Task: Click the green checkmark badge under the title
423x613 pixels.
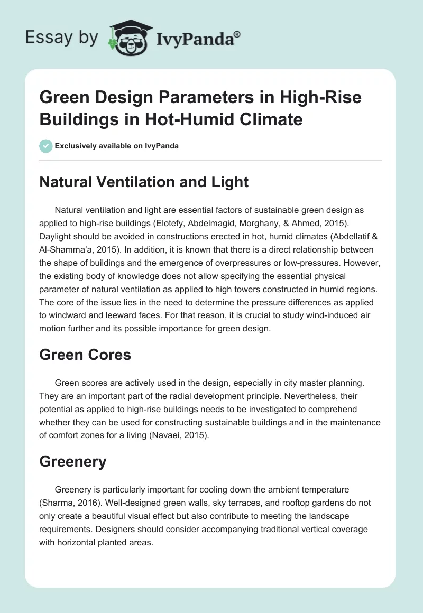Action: coord(45,146)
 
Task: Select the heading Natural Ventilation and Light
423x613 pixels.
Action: coord(144,182)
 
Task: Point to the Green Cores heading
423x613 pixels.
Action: coord(85,355)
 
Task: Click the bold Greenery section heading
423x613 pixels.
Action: coord(72,461)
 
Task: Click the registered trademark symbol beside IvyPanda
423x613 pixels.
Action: coord(237,34)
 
